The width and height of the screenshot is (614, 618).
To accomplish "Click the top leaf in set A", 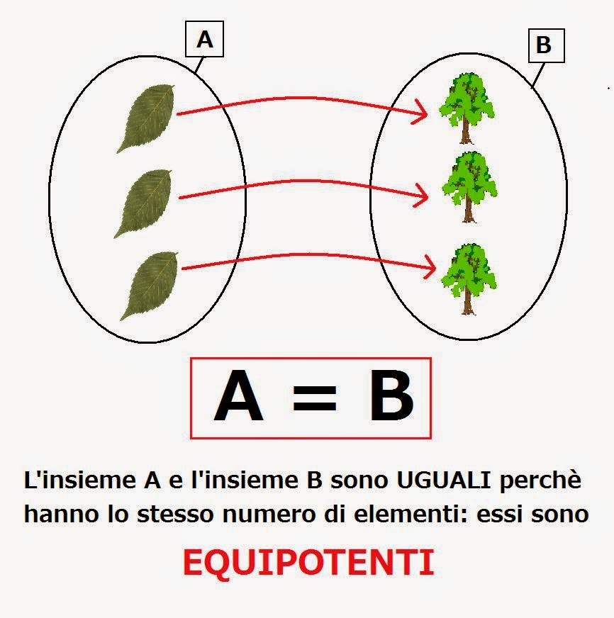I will tap(146, 118).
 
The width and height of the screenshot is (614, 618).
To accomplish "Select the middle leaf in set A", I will tap(144, 203).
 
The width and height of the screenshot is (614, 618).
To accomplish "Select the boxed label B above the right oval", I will tap(544, 46).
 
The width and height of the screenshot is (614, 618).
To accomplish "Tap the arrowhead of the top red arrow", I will tap(423, 111).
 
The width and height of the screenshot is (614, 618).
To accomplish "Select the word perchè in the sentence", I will tap(540, 482).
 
